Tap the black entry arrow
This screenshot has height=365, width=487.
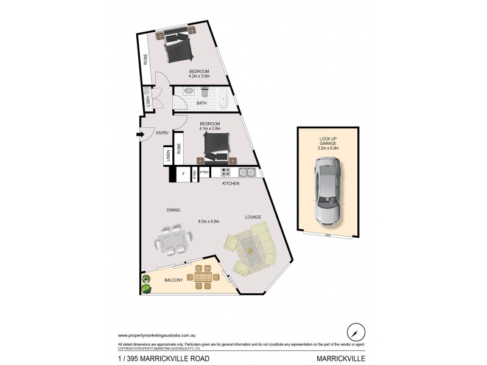[139, 134]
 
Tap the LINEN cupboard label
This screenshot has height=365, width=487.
[167, 156]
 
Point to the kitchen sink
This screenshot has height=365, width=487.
[247, 171]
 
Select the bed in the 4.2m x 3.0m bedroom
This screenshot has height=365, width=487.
[177, 48]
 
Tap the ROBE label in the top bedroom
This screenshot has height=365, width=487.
[145, 60]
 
